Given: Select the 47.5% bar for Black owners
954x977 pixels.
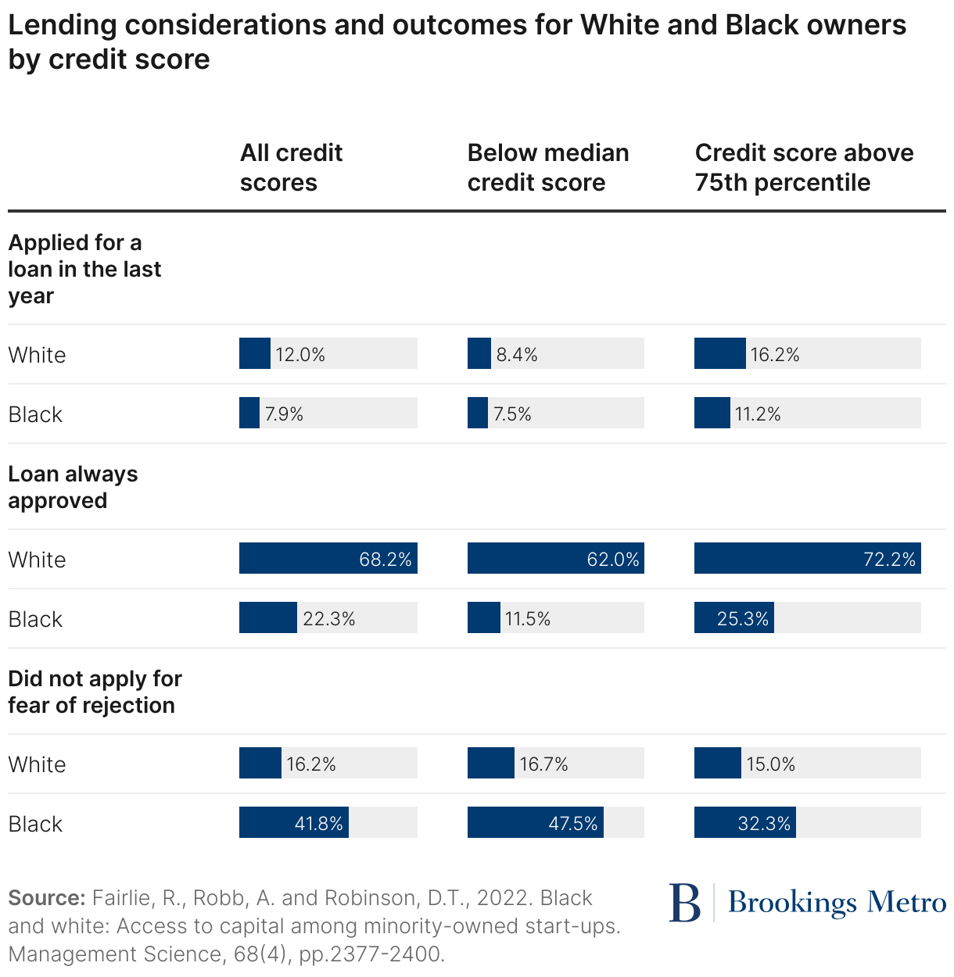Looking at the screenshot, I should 535,822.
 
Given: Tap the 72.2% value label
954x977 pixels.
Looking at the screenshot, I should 889,560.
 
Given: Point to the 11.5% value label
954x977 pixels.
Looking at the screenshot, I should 528,619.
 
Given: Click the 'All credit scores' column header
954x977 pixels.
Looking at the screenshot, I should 291,167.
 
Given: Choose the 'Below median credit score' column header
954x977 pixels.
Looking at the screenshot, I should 547,167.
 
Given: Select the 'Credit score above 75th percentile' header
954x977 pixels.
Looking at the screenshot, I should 804,167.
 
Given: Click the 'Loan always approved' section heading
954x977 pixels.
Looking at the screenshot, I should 73,487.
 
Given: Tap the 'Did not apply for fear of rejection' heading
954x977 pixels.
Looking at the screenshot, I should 95,692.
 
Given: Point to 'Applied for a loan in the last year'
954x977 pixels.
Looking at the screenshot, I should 84,269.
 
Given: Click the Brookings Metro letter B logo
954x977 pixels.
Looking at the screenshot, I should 685,903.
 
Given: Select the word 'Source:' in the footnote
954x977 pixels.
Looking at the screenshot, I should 46,897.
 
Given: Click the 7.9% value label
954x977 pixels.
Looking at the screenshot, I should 284,414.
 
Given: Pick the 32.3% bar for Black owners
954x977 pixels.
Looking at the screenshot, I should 744,822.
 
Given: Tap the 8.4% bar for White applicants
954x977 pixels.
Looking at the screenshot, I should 479,353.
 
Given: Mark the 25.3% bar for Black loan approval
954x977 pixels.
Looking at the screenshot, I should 733,617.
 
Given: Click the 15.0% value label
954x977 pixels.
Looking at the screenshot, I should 770,764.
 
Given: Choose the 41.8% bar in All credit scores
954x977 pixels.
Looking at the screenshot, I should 293,822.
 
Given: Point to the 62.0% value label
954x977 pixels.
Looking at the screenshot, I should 613,560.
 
